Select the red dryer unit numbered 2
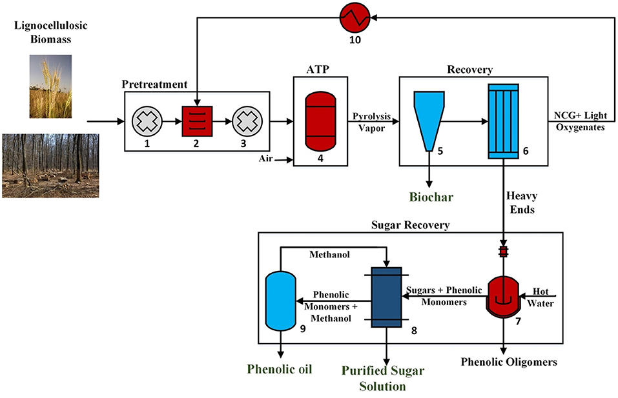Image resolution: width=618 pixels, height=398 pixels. pyautogui.click(x=196, y=121)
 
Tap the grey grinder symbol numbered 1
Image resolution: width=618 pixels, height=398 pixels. pyautogui.click(x=147, y=121)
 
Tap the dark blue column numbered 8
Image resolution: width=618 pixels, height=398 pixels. pyautogui.click(x=386, y=297)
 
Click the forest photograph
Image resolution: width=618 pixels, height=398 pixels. pyautogui.click(x=50, y=165)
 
